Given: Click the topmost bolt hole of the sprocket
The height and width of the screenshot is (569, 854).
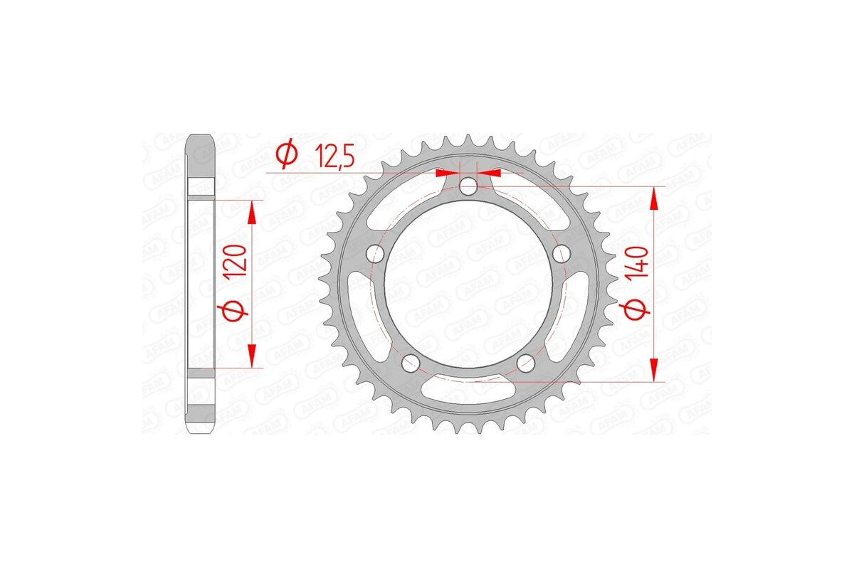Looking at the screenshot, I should [468, 186].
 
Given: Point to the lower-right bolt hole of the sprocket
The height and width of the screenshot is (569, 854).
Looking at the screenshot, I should [526, 363].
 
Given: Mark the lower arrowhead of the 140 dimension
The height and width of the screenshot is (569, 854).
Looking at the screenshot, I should [654, 370].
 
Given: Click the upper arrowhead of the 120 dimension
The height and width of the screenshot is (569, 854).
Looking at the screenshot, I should [251, 211].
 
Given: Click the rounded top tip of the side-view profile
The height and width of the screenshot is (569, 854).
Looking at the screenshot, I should [201, 137].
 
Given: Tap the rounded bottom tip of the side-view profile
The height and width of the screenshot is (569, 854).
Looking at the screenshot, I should [201, 431].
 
